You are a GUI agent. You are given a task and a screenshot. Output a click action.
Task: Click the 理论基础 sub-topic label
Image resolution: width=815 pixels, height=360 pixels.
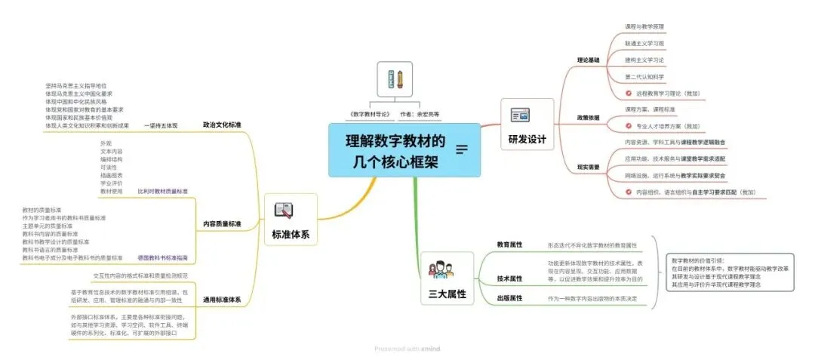tap(588, 60)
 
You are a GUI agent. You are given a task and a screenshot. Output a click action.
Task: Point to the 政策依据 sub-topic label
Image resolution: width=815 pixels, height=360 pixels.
tap(588, 118)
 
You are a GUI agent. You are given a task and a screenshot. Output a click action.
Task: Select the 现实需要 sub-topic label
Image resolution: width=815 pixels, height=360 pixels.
tap(588, 166)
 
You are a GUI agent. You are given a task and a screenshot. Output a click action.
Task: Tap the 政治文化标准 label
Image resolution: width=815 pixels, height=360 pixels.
tap(222, 125)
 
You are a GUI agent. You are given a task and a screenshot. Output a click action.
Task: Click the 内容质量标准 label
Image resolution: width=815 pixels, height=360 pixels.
tap(222, 223)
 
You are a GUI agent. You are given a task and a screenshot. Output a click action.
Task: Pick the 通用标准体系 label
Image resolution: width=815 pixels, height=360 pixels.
tap(222, 300)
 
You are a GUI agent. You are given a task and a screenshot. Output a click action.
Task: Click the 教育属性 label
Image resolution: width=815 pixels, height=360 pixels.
tap(509, 245)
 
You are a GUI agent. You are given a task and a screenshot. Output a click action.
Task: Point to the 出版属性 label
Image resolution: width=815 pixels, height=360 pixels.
tap(509, 298)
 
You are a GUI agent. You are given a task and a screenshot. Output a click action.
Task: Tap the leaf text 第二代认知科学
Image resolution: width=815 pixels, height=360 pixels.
tap(644, 77)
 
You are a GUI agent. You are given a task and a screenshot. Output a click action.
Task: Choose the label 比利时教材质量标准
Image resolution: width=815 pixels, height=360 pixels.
tap(163, 191)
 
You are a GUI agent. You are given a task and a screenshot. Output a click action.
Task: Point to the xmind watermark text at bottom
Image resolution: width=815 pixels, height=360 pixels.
tap(407, 349)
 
